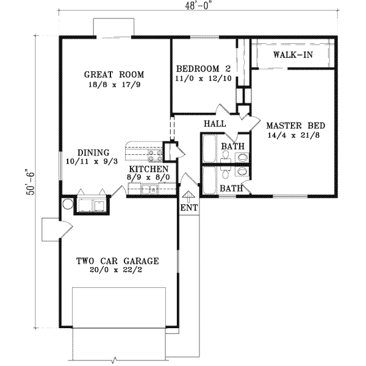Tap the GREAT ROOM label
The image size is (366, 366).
tap(115, 74)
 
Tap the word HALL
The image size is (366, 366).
tap(215, 124)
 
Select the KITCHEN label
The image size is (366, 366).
tap(148, 168)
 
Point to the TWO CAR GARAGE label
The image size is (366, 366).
tap(117, 261)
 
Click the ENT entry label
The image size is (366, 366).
tap(188, 208)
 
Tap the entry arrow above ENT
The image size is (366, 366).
tap(188, 195)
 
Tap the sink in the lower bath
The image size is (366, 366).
tap(242, 173)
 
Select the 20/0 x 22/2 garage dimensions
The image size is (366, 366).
tap(117, 271)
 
